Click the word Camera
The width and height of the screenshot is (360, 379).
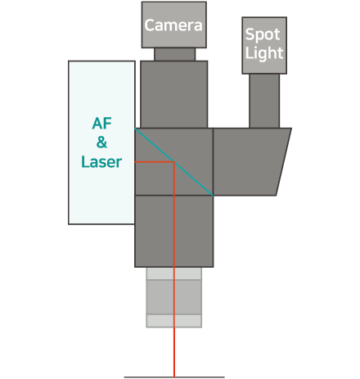[173, 25]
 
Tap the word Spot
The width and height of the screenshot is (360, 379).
[263, 34]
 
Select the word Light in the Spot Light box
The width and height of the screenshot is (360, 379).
[264, 52]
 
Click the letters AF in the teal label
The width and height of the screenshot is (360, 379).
[101, 124]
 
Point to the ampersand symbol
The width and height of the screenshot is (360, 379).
[101, 142]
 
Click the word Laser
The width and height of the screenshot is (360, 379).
[101, 161]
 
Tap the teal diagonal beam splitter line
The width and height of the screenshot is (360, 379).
[173, 162]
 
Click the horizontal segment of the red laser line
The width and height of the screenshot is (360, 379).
[155, 162]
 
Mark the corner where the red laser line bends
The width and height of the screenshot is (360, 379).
[174, 162]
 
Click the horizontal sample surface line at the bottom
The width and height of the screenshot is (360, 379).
[174, 377]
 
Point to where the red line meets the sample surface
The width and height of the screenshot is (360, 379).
[174, 377]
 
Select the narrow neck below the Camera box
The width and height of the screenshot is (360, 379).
[175, 54]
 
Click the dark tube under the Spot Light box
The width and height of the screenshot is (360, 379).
[264, 101]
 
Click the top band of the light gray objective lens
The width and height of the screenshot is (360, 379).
[174, 273]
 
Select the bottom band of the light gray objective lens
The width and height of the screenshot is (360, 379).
[174, 321]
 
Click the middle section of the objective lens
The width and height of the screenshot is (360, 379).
[174, 297]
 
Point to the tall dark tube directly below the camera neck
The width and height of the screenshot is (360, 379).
[174, 94]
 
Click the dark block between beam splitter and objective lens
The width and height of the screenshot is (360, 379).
[174, 231]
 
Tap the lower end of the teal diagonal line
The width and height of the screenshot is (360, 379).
[213, 196]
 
